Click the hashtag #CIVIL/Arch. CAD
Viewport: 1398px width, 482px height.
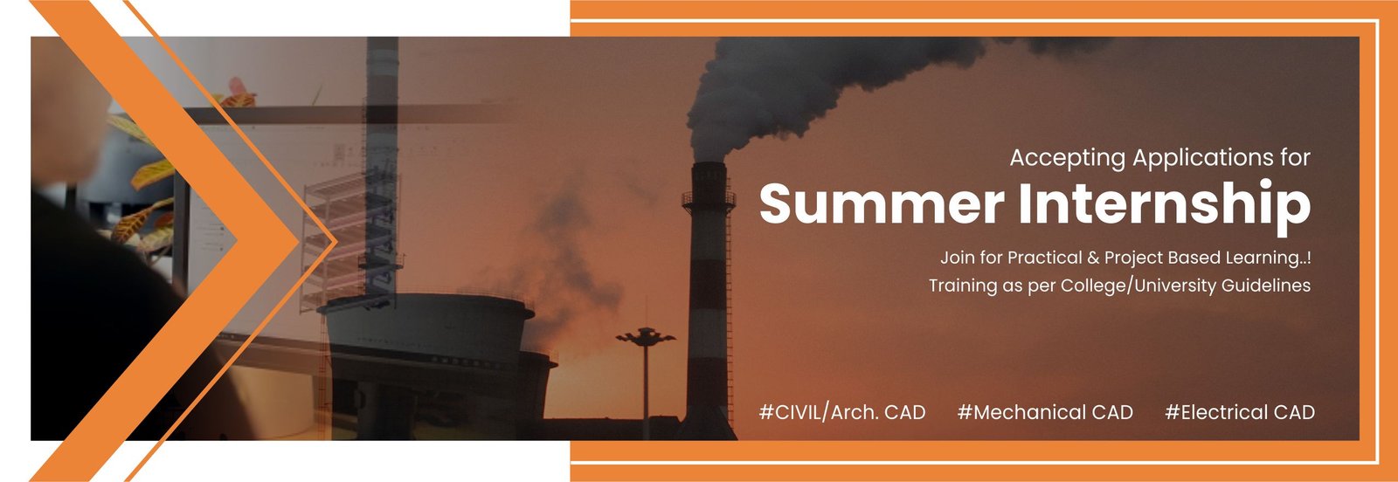point(842,412)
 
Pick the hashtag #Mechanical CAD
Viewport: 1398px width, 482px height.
point(1045,412)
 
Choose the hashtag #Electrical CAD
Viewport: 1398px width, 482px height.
point(1240,412)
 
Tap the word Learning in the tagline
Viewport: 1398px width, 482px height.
point(1259,258)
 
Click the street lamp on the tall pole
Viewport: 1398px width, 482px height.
point(646,337)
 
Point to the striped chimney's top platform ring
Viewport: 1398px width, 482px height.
point(709,200)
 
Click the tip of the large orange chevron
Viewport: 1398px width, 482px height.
point(298,241)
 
